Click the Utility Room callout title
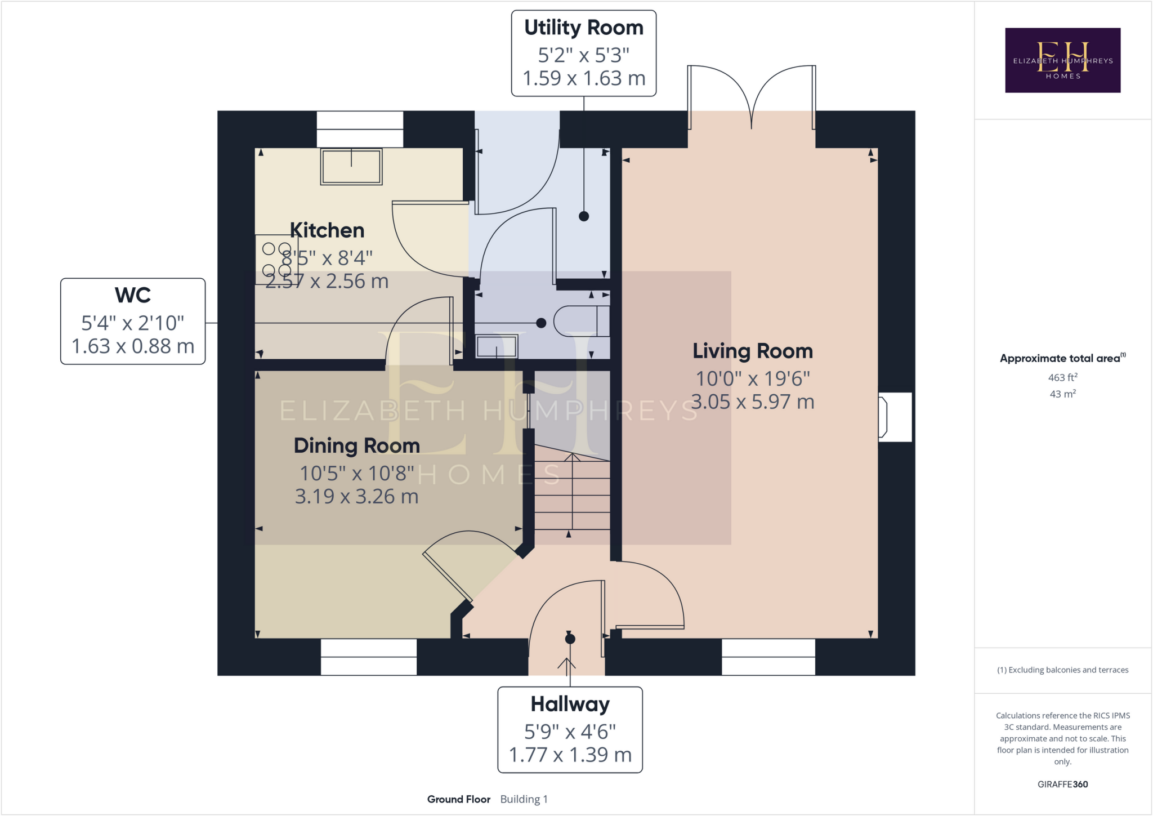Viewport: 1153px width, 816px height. click(584, 28)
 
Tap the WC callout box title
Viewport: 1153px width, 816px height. click(133, 295)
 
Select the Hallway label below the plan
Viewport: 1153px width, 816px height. click(570, 704)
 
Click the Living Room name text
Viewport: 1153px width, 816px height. click(753, 351)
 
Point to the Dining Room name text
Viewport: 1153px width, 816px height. click(357, 445)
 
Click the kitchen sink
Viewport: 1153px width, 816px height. click(351, 167)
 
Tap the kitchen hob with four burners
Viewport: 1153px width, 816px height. click(276, 259)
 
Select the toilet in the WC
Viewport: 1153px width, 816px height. click(582, 322)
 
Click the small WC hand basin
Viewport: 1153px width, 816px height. click(497, 346)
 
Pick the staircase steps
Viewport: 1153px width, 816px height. click(572, 490)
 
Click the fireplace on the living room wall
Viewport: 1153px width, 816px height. click(895, 417)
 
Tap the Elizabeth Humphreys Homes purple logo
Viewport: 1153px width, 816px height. click(1063, 60)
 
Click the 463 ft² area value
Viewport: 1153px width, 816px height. click(1063, 377)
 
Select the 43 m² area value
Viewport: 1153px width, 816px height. click(1063, 394)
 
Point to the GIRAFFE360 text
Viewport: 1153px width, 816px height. click(1063, 784)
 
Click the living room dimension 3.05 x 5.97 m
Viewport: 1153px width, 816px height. click(753, 402)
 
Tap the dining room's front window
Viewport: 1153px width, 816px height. click(369, 657)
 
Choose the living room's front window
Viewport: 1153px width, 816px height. click(768, 657)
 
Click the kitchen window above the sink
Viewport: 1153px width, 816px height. click(360, 129)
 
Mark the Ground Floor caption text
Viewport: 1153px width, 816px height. click(459, 799)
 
